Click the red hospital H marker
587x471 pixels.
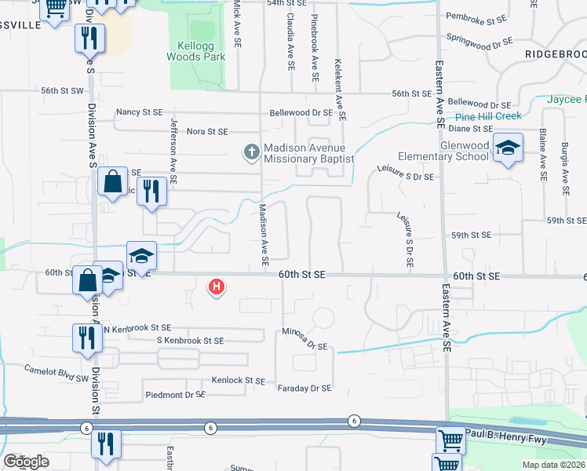(x=216, y=288)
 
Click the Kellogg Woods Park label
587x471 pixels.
(x=196, y=51)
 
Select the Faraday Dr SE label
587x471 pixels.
(x=304, y=388)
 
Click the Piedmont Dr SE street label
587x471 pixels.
(x=173, y=395)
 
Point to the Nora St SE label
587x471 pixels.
(x=207, y=131)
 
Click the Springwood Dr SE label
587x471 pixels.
(x=479, y=38)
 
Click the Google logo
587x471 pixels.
(x=27, y=462)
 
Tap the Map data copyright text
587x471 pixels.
(x=554, y=465)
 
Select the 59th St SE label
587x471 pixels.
(x=470, y=235)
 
